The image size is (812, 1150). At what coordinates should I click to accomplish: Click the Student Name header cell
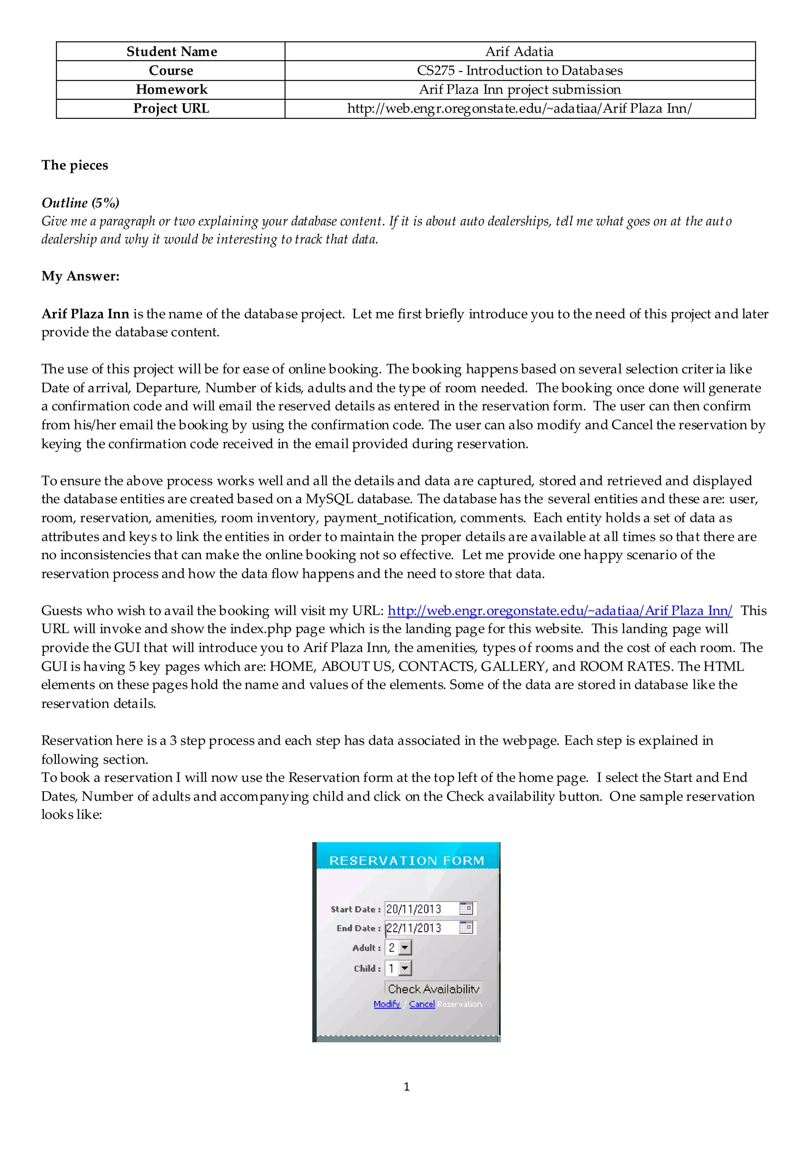click(x=171, y=52)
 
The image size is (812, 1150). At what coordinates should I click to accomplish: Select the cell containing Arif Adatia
click(x=519, y=52)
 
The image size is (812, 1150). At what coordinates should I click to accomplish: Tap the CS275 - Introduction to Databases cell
click(x=519, y=71)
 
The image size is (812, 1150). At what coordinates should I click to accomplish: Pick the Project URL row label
click(x=171, y=109)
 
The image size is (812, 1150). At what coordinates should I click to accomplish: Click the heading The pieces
click(x=75, y=165)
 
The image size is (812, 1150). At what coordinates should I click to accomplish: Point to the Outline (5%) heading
click(x=80, y=203)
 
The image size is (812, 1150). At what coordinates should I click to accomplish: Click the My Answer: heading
click(x=80, y=276)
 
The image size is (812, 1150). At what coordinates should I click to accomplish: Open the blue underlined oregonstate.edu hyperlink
click(x=559, y=611)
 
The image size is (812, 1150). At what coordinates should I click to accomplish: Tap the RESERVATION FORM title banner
click(x=407, y=861)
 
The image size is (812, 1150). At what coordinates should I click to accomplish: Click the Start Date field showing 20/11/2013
click(x=421, y=909)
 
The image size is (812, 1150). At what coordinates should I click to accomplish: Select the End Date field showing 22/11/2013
click(x=421, y=928)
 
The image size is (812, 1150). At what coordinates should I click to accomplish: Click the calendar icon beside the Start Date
click(x=466, y=908)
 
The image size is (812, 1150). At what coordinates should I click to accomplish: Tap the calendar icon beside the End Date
click(x=466, y=928)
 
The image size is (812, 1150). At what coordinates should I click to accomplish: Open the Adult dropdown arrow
click(x=405, y=948)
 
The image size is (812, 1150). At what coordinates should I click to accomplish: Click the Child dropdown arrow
click(x=405, y=968)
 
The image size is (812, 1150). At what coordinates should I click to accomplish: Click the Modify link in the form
click(x=387, y=1004)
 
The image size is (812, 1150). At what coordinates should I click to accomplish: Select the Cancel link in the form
click(x=422, y=1004)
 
